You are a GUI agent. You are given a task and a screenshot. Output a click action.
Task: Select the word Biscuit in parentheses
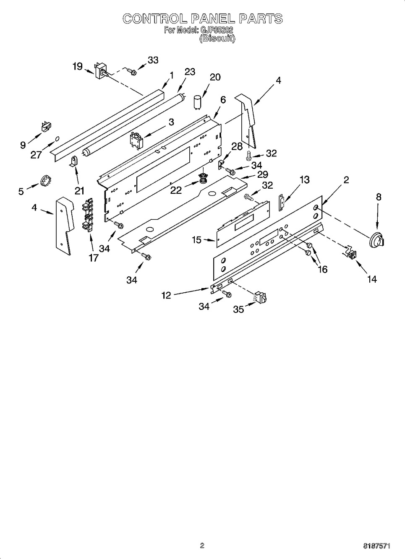pos(217,38)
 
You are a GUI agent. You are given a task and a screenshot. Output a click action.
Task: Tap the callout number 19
pos(78,66)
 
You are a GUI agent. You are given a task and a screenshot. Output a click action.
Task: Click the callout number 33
pos(153,60)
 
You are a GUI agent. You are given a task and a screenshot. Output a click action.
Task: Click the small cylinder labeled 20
pos(198,102)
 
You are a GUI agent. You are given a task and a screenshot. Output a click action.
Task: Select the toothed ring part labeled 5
pos(45,181)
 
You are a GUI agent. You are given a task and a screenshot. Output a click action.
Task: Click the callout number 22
pos(176,190)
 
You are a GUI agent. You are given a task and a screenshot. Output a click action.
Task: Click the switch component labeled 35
pos(261,298)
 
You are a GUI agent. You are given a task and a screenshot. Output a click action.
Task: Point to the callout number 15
pos(196,240)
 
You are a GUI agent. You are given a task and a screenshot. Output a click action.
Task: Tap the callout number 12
pos(166,295)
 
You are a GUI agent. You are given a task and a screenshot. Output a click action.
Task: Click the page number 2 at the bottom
pos(202,546)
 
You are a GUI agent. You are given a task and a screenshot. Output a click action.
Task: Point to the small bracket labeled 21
pos(74,161)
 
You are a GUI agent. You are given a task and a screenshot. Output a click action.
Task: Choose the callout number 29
pos(263,174)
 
